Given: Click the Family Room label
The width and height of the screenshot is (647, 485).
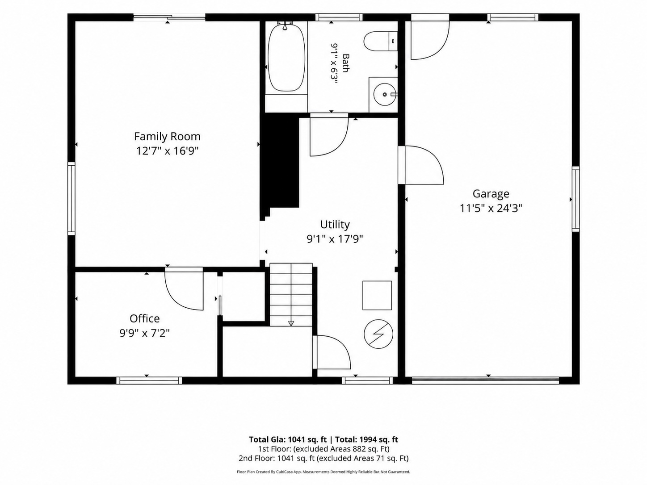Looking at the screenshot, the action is [167, 136].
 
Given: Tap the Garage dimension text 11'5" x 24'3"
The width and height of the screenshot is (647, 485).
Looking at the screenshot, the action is [491, 209].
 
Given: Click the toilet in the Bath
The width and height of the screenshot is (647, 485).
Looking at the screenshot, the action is [381, 42].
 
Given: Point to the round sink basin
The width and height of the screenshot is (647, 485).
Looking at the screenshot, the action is [385, 94].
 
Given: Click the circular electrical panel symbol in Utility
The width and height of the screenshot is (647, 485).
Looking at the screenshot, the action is [378, 334].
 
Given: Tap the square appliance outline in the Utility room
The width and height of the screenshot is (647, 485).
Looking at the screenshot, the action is [377, 295].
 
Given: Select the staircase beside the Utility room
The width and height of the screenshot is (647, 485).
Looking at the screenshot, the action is [291, 294].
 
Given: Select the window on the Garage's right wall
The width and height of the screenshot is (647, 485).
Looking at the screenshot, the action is [576, 199].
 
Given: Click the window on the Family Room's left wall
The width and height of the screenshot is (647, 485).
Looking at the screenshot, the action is [71, 198].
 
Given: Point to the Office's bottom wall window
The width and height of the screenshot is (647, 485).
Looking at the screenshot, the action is [149, 380].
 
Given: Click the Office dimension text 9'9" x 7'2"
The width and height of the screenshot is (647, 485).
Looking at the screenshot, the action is [144, 333].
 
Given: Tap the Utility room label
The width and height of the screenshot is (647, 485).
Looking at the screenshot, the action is [335, 224].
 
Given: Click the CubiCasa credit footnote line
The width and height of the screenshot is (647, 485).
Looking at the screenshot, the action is [323, 472].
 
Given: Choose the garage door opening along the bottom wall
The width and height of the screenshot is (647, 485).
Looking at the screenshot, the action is [485, 380].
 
